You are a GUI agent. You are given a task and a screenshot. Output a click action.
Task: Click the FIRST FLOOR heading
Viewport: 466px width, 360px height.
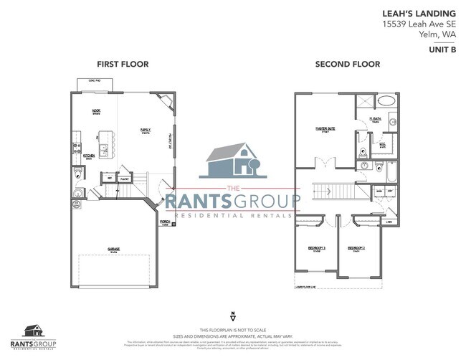123,65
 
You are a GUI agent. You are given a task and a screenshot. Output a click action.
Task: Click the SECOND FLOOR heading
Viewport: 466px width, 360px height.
348,65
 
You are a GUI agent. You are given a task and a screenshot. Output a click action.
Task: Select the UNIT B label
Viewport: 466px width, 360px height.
444,51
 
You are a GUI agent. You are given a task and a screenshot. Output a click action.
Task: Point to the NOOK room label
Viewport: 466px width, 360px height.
96,111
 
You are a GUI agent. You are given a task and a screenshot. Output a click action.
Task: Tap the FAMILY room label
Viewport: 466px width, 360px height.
145,130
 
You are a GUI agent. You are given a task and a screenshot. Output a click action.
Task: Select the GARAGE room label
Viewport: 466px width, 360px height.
113,249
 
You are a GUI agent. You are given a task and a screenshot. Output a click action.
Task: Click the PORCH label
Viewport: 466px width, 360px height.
164,222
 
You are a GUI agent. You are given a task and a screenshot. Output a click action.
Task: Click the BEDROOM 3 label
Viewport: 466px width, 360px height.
316,248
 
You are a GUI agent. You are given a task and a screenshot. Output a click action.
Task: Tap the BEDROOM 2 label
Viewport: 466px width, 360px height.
357,248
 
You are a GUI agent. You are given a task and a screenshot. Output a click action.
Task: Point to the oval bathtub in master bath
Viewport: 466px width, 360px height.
387,101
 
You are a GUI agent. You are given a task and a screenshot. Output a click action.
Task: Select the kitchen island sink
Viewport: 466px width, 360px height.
105,149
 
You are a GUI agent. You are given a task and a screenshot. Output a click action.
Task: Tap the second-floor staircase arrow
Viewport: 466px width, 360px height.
330,192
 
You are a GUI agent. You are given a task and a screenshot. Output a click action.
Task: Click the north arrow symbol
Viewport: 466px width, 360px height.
232,316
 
